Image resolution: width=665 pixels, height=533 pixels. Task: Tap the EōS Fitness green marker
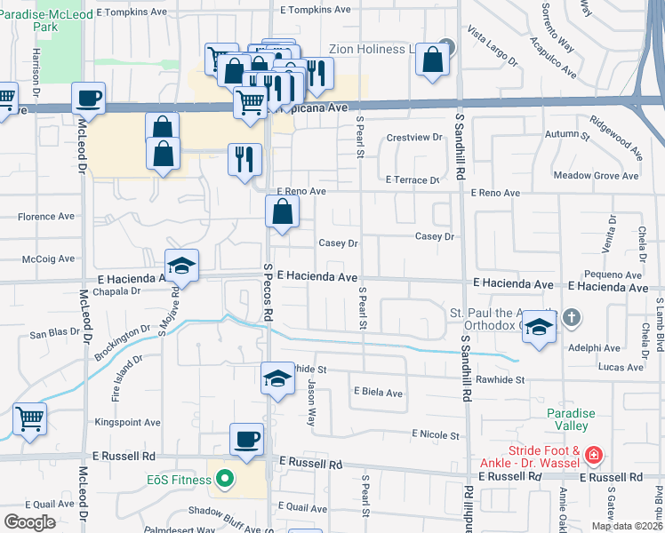225,481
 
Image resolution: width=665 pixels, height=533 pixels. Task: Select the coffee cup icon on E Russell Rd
246,438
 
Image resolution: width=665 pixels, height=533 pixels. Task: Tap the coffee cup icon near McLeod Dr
88,97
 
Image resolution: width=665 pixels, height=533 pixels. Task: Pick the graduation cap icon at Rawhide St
277,378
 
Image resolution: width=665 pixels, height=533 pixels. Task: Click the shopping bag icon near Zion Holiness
432,60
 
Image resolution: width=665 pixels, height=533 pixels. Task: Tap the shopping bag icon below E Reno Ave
282,211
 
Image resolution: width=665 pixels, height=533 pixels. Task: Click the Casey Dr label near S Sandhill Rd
435,236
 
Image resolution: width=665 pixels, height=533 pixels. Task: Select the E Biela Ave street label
378,392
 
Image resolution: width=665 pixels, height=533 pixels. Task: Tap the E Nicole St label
435,435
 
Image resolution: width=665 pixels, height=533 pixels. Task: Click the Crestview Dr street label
414,138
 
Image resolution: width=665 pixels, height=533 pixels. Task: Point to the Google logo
30,522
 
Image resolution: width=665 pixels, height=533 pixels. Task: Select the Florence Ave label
46,216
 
